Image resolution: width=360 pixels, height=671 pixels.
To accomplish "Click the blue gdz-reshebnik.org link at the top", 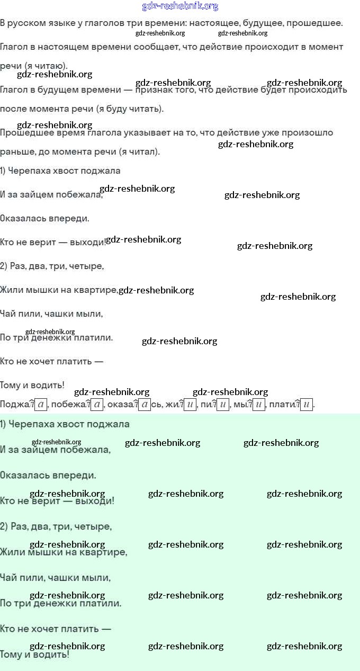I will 180,6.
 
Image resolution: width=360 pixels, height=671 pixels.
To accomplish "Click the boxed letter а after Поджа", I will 42,405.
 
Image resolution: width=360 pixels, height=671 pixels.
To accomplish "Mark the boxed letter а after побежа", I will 96,405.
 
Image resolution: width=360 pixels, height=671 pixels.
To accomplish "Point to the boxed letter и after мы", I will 258,405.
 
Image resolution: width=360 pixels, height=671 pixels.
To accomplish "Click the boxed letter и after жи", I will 190,405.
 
